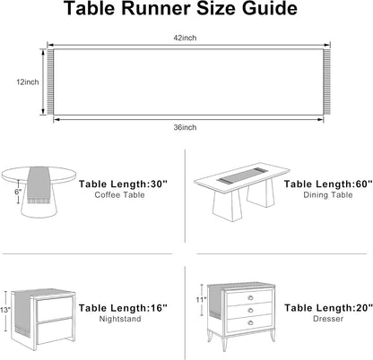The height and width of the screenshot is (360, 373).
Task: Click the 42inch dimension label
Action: tap(185, 38)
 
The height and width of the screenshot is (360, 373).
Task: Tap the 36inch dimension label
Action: tap(185, 127)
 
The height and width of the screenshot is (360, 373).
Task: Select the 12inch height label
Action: tap(28, 82)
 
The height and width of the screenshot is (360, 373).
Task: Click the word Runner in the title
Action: tap(156, 8)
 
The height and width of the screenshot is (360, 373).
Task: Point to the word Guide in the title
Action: tap(270, 8)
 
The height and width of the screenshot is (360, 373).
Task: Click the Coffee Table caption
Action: tap(119, 195)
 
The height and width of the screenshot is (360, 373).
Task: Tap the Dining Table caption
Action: tap(328, 195)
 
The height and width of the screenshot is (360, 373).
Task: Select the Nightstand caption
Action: tap(120, 319)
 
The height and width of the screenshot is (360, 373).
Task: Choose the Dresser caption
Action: tap(328, 319)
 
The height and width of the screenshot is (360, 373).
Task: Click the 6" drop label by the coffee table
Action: tap(18, 192)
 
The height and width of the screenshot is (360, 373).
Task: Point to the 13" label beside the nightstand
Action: tap(4, 310)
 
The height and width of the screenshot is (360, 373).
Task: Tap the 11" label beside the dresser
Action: tap(201, 299)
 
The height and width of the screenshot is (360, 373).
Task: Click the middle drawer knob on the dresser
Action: tap(250, 311)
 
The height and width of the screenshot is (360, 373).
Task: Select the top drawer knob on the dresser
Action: tap(250, 297)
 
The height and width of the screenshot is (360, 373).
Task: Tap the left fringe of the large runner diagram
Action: tap(50, 82)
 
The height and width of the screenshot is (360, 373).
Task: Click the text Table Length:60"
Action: tap(328, 184)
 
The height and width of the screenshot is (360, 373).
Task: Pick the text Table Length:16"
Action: tap(123, 308)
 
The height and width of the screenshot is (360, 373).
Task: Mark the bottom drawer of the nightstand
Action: tap(55, 331)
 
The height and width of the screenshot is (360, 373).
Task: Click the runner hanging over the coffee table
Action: tap(39, 185)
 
